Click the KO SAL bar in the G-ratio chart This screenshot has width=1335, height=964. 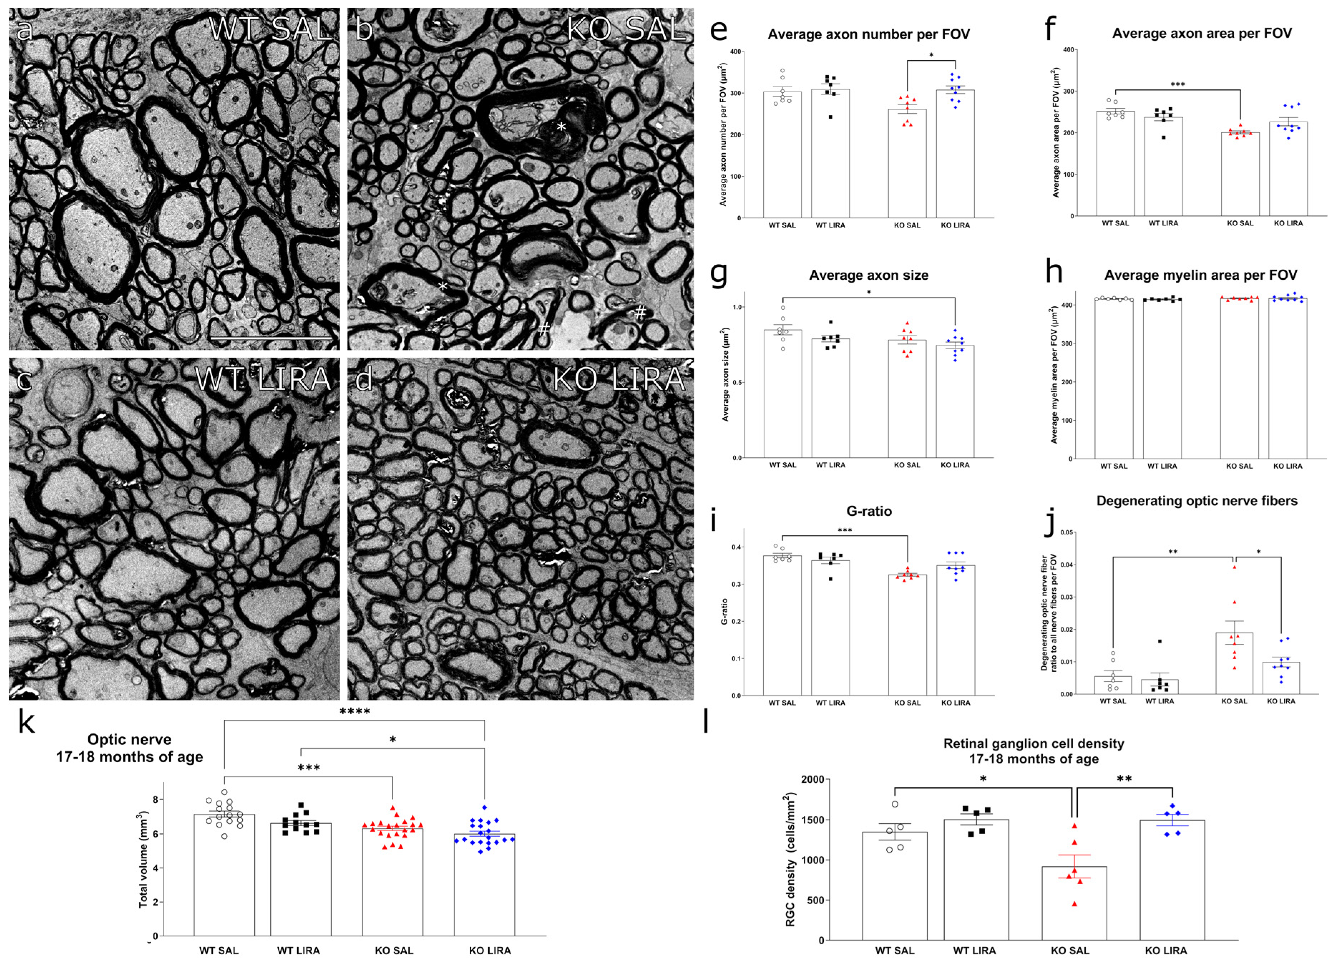tap(907, 636)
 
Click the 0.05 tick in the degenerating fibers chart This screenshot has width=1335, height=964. tap(1067, 533)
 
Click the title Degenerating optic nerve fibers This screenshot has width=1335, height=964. tap(1197, 501)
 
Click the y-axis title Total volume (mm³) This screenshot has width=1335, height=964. tap(143, 860)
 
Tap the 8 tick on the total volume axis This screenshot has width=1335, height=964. tap(155, 799)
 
